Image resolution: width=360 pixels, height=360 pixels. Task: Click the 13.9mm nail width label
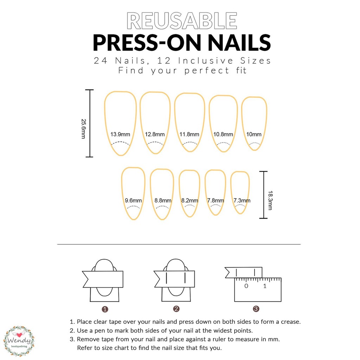coord(120,134)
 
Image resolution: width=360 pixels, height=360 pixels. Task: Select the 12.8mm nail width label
coord(155,134)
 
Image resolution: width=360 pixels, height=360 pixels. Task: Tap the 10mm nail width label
coord(254,134)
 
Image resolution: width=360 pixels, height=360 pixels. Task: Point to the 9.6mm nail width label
coord(133,200)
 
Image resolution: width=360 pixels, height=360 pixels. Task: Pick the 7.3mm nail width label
coord(242,200)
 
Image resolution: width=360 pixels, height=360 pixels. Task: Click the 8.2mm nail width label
coord(189,200)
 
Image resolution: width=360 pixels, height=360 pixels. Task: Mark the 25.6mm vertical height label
coord(84,129)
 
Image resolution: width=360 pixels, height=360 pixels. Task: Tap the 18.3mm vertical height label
coord(270,200)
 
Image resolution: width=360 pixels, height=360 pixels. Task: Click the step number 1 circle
coord(105,309)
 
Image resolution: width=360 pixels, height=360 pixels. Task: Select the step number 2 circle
coord(176,309)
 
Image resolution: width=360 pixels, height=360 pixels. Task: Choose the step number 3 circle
coord(256,309)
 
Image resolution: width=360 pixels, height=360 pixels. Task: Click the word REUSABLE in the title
coord(182,21)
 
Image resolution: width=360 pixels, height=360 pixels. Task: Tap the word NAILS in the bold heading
coord(239,43)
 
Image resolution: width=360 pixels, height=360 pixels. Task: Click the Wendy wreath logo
coord(19,341)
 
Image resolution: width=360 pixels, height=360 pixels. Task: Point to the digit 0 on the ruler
coord(246,286)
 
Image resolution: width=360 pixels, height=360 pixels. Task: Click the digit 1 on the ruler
coord(265,286)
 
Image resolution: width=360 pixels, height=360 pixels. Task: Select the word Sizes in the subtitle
coord(256,60)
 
